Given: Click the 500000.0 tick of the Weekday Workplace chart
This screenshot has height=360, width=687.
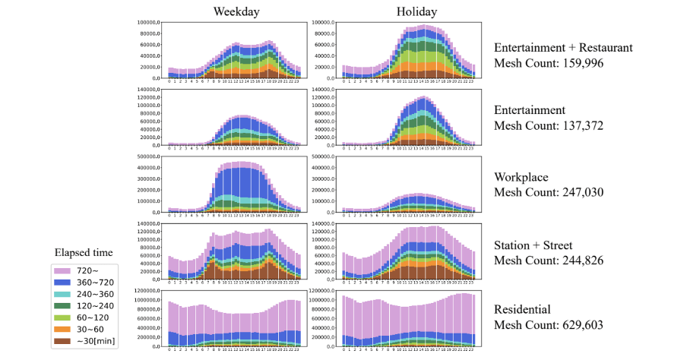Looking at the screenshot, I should (147, 156).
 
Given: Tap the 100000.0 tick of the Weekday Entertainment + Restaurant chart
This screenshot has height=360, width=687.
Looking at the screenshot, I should (148, 23).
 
